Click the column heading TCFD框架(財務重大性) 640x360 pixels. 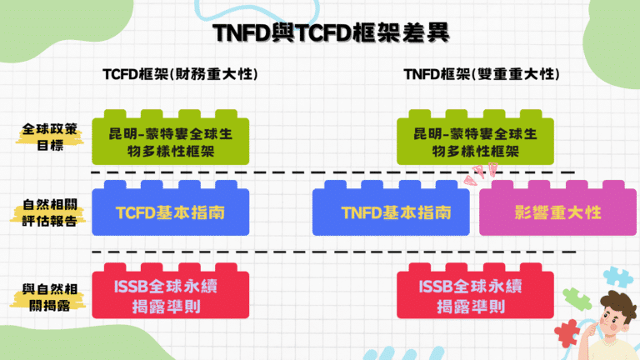click(x=179, y=74)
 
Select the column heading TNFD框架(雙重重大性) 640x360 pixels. click(x=482, y=74)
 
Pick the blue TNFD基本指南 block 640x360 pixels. click(x=394, y=213)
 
